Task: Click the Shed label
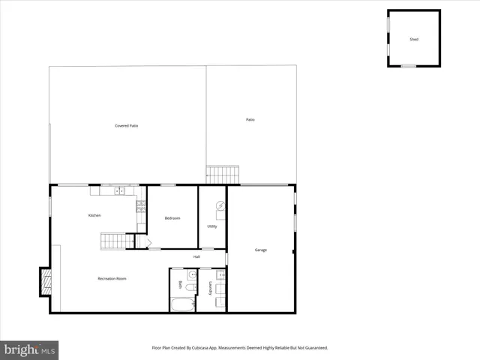pyautogui.click(x=414, y=39)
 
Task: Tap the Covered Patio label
pyautogui.click(x=126, y=126)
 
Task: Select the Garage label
pyautogui.click(x=260, y=250)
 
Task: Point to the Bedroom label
pyautogui.click(x=172, y=218)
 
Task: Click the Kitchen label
pyautogui.click(x=94, y=216)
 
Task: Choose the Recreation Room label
pyautogui.click(x=112, y=279)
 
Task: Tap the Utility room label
pyautogui.click(x=212, y=226)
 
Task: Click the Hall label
pyautogui.click(x=196, y=256)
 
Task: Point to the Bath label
pyautogui.click(x=180, y=286)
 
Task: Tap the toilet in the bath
pyautogui.click(x=191, y=287)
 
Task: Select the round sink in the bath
pyautogui.click(x=191, y=275)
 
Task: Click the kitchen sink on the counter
pyautogui.click(x=120, y=191)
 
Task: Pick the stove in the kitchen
pyautogui.click(x=140, y=205)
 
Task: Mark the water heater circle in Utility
pyautogui.click(x=220, y=205)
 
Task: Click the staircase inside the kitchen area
pyautogui.click(x=113, y=241)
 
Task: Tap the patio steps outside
pyautogui.click(x=222, y=175)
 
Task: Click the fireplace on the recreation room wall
pyautogui.click(x=46, y=281)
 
